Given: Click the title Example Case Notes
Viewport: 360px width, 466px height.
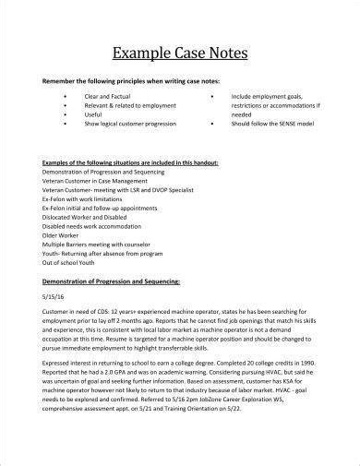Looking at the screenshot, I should point(180,52).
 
